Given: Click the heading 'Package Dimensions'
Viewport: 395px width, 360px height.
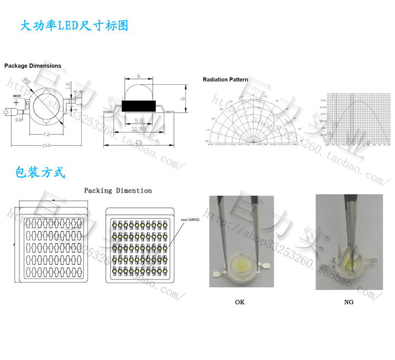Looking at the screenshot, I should point(33,66).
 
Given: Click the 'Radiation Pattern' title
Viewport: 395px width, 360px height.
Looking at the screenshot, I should point(225,80).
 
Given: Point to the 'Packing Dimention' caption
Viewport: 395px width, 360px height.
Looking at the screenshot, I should point(118,191).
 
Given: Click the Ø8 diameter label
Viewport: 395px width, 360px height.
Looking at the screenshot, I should point(26,80).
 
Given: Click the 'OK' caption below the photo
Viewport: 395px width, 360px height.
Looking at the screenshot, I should point(240,302).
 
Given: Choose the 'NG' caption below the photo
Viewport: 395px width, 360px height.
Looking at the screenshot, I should point(349,302).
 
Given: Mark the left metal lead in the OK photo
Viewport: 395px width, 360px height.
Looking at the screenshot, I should point(215,274).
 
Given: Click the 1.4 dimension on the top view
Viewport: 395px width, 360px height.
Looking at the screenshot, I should point(78,92).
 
